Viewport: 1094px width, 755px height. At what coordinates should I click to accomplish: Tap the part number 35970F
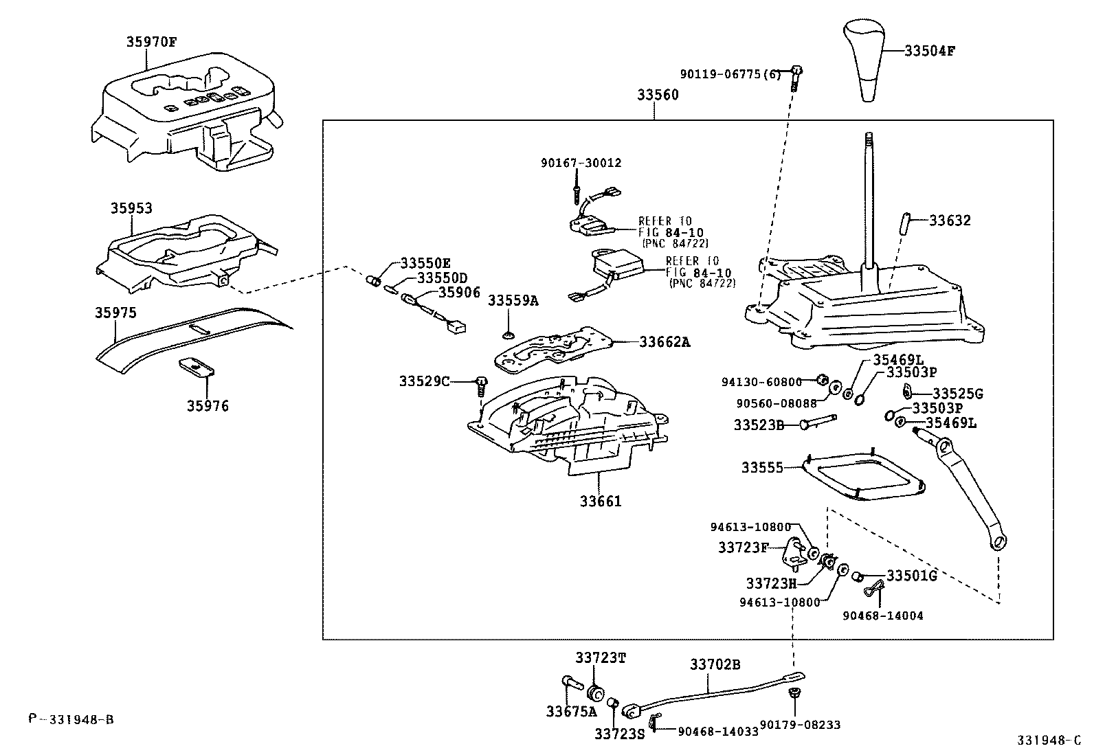coord(151,41)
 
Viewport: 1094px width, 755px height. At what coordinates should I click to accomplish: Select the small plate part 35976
coord(196,368)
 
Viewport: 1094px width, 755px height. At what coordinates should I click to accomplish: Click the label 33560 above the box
coord(657,95)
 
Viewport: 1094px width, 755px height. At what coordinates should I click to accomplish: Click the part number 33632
coord(950,221)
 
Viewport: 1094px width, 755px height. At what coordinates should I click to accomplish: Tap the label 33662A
coord(664,341)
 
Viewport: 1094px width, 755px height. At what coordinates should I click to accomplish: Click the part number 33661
coord(600,501)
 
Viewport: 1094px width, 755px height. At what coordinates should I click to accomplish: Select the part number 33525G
coord(957,394)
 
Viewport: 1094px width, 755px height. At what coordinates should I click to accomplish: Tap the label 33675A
coord(571,711)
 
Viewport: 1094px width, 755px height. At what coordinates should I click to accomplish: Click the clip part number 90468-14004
coord(882,616)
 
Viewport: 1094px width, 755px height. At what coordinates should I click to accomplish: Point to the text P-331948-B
coord(71,719)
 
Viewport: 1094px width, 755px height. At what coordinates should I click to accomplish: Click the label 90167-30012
coord(581,163)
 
